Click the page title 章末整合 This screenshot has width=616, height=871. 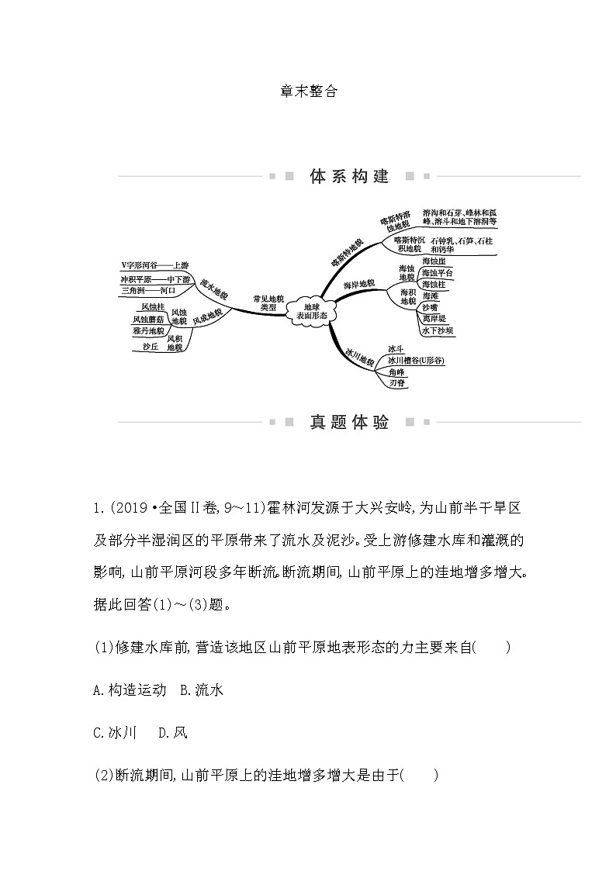click(308, 91)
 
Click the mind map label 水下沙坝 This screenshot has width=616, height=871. click(438, 330)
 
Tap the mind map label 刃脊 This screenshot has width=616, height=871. click(396, 383)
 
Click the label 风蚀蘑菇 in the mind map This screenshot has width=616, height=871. click(147, 319)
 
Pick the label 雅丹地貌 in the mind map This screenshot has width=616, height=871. click(147, 330)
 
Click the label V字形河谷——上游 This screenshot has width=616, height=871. click(155, 265)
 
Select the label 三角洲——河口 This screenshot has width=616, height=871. click(148, 290)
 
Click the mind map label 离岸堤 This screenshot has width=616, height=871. click(434, 319)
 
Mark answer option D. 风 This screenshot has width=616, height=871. click(171, 732)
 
